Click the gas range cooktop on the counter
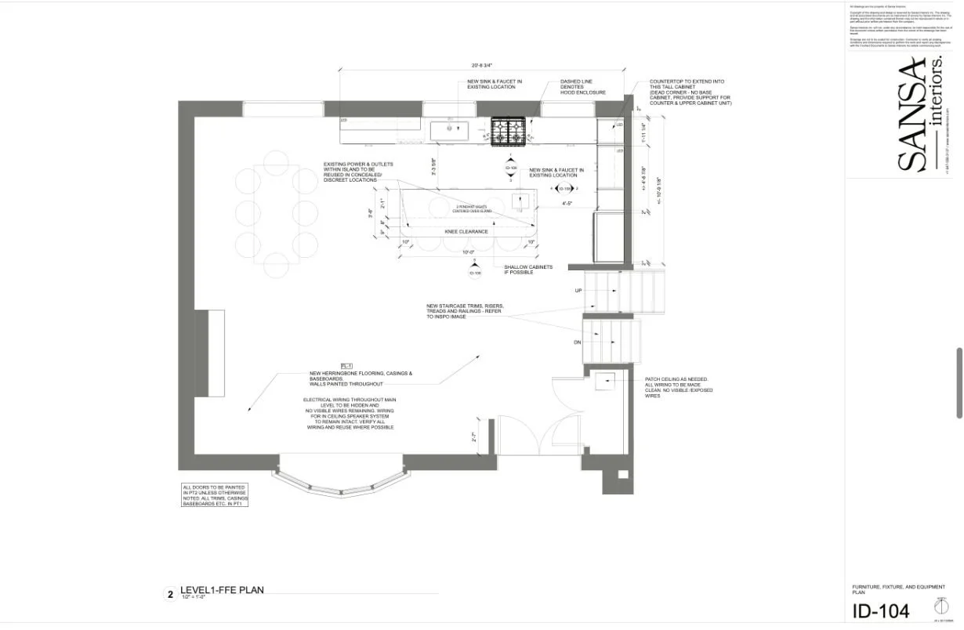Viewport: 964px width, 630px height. pyautogui.click(x=508, y=131)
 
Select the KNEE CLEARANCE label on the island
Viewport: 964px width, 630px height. pyautogui.click(x=466, y=231)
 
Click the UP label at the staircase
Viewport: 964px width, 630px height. pyautogui.click(x=578, y=290)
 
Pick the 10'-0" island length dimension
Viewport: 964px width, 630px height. pyautogui.click(x=469, y=252)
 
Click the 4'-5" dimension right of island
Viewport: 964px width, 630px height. pyautogui.click(x=567, y=204)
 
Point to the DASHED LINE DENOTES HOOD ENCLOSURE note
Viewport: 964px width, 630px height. pyautogui.click(x=582, y=86)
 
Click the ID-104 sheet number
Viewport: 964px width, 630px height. pyautogui.click(x=882, y=610)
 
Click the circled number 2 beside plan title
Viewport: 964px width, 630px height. pyautogui.click(x=169, y=595)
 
